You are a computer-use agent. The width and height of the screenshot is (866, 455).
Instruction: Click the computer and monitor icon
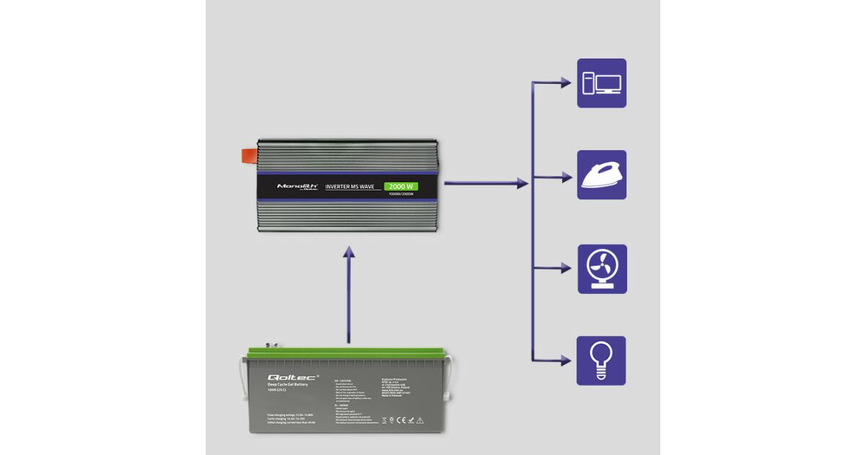(x=601, y=83)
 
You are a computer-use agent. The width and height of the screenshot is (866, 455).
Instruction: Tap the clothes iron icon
(x=601, y=175)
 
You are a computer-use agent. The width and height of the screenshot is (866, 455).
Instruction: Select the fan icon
(x=602, y=269)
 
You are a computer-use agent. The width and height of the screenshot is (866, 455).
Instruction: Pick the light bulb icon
(x=601, y=360)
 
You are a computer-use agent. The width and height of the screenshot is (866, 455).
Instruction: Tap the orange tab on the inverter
(x=248, y=155)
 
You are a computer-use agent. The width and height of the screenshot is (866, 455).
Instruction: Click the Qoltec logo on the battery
(x=288, y=377)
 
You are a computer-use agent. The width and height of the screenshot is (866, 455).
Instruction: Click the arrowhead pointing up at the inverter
(x=349, y=252)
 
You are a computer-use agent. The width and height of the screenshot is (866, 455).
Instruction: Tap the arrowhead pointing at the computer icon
(x=566, y=83)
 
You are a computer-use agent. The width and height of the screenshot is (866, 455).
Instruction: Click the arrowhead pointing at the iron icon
(x=566, y=175)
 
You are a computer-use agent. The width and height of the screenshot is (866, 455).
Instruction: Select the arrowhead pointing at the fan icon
(x=566, y=269)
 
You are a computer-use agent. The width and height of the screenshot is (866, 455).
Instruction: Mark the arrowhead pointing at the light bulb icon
(x=566, y=360)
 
